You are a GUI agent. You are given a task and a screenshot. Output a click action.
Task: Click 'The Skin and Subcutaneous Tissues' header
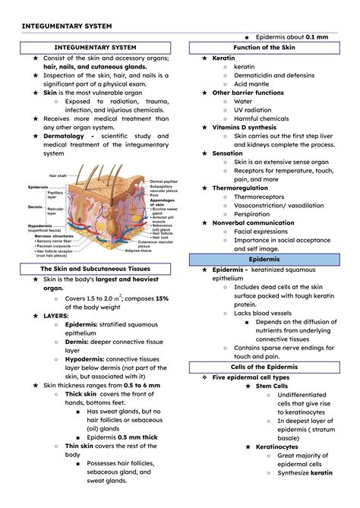[x=95, y=269]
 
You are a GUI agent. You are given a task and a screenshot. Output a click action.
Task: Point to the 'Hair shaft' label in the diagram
[x=58, y=175]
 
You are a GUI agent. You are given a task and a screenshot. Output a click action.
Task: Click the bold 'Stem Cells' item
[x=273, y=386]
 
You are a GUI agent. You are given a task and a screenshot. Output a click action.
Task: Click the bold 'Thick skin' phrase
[x=80, y=394]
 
